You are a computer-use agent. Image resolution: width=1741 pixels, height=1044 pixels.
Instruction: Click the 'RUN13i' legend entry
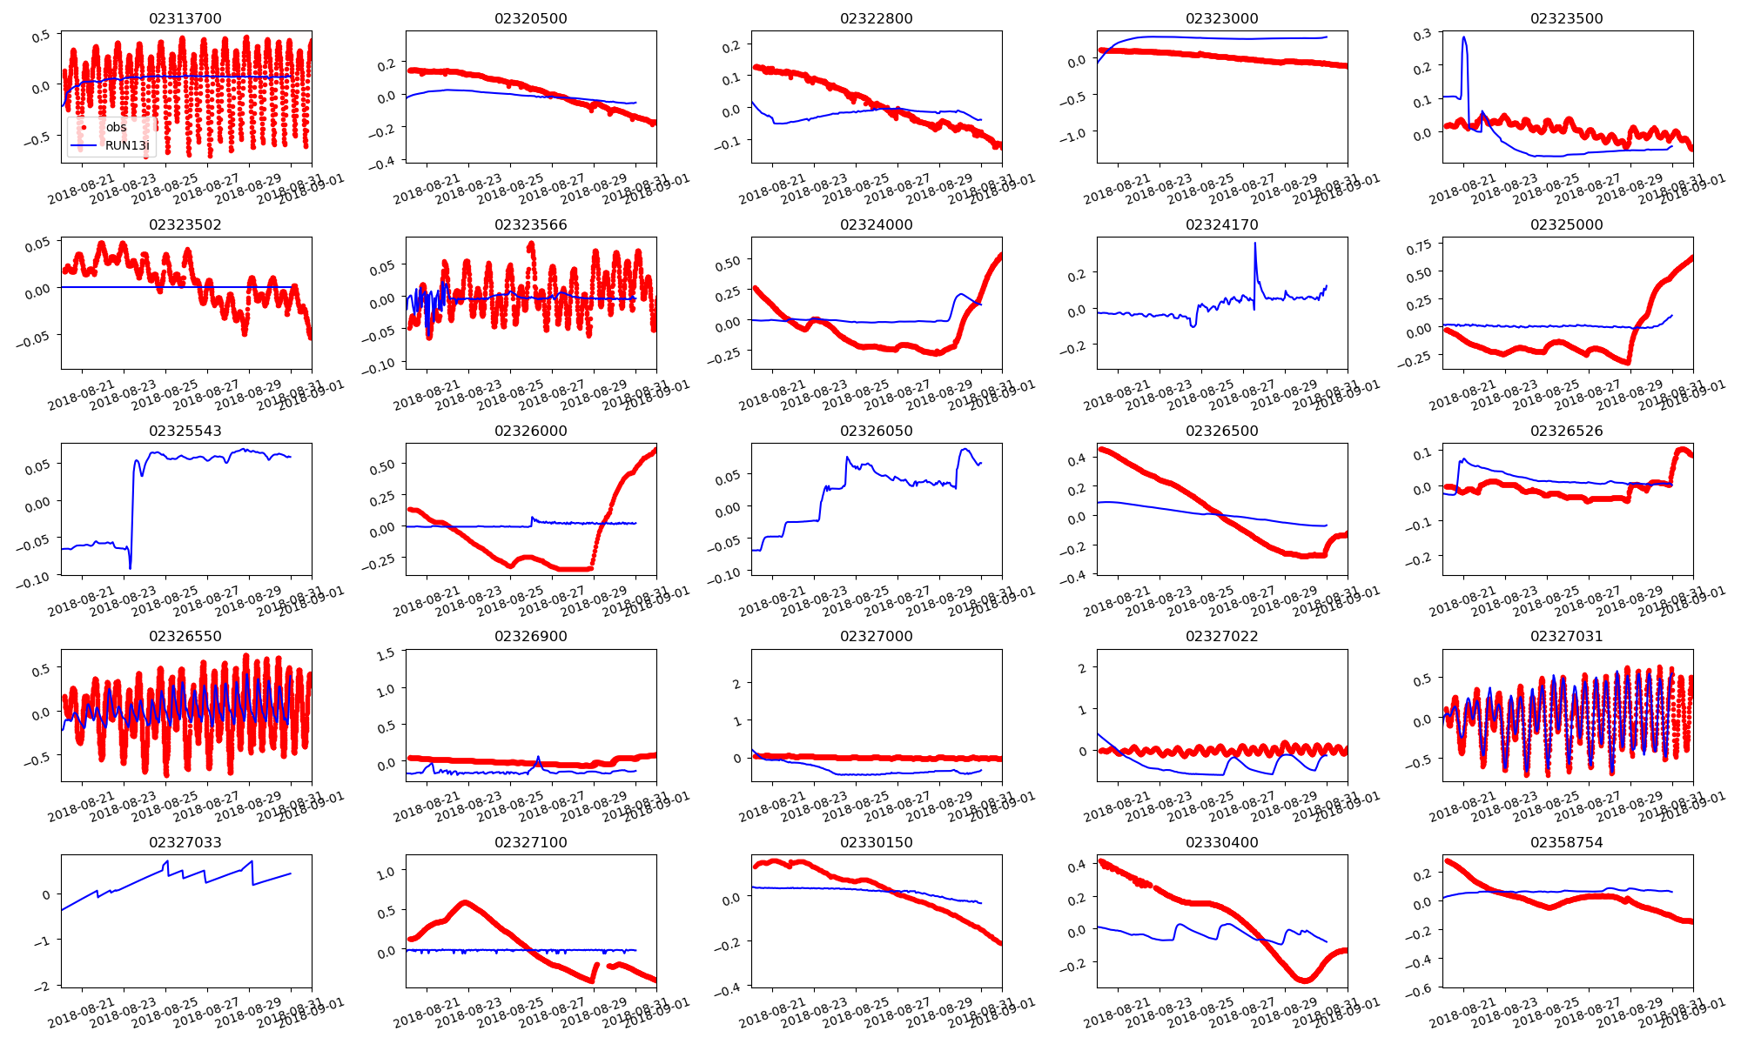127,145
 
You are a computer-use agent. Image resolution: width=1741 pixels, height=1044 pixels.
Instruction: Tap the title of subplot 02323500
1566,18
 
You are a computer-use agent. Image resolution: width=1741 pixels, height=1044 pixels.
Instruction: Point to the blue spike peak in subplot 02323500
1464,37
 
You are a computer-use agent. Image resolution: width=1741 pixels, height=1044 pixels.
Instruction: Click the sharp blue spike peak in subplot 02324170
1255,244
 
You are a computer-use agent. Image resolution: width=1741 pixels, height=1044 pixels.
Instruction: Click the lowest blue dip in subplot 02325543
130,568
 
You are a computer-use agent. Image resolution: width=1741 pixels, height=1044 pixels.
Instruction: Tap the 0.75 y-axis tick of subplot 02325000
1419,247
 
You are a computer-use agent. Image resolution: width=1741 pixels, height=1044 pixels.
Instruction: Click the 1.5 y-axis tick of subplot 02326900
385,652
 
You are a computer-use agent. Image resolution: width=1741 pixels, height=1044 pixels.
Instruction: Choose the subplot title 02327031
1566,636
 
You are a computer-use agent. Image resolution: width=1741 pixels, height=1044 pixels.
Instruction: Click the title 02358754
1566,842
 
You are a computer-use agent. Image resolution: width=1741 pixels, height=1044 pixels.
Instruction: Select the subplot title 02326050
876,431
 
